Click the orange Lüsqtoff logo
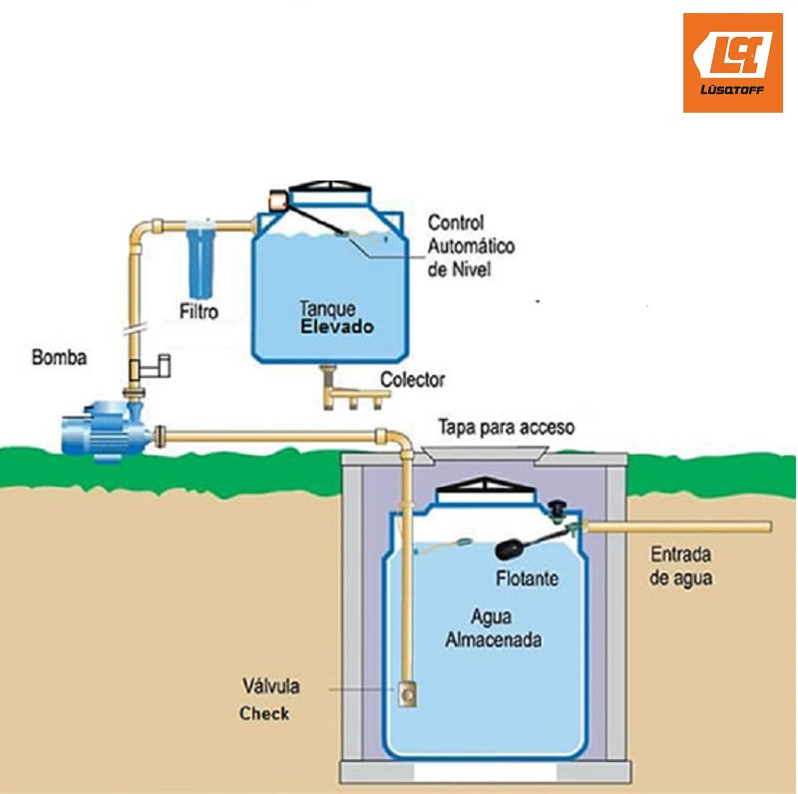[x=732, y=62]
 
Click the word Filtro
[x=199, y=311]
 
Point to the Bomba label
[x=59, y=356]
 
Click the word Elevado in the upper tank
[x=338, y=326]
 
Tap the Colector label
[x=412, y=380]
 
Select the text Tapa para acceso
[x=507, y=427]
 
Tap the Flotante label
[x=527, y=579]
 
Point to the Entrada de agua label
[x=682, y=566]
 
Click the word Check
[x=264, y=713]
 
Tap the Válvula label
[x=271, y=686]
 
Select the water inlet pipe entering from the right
[x=678, y=526]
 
